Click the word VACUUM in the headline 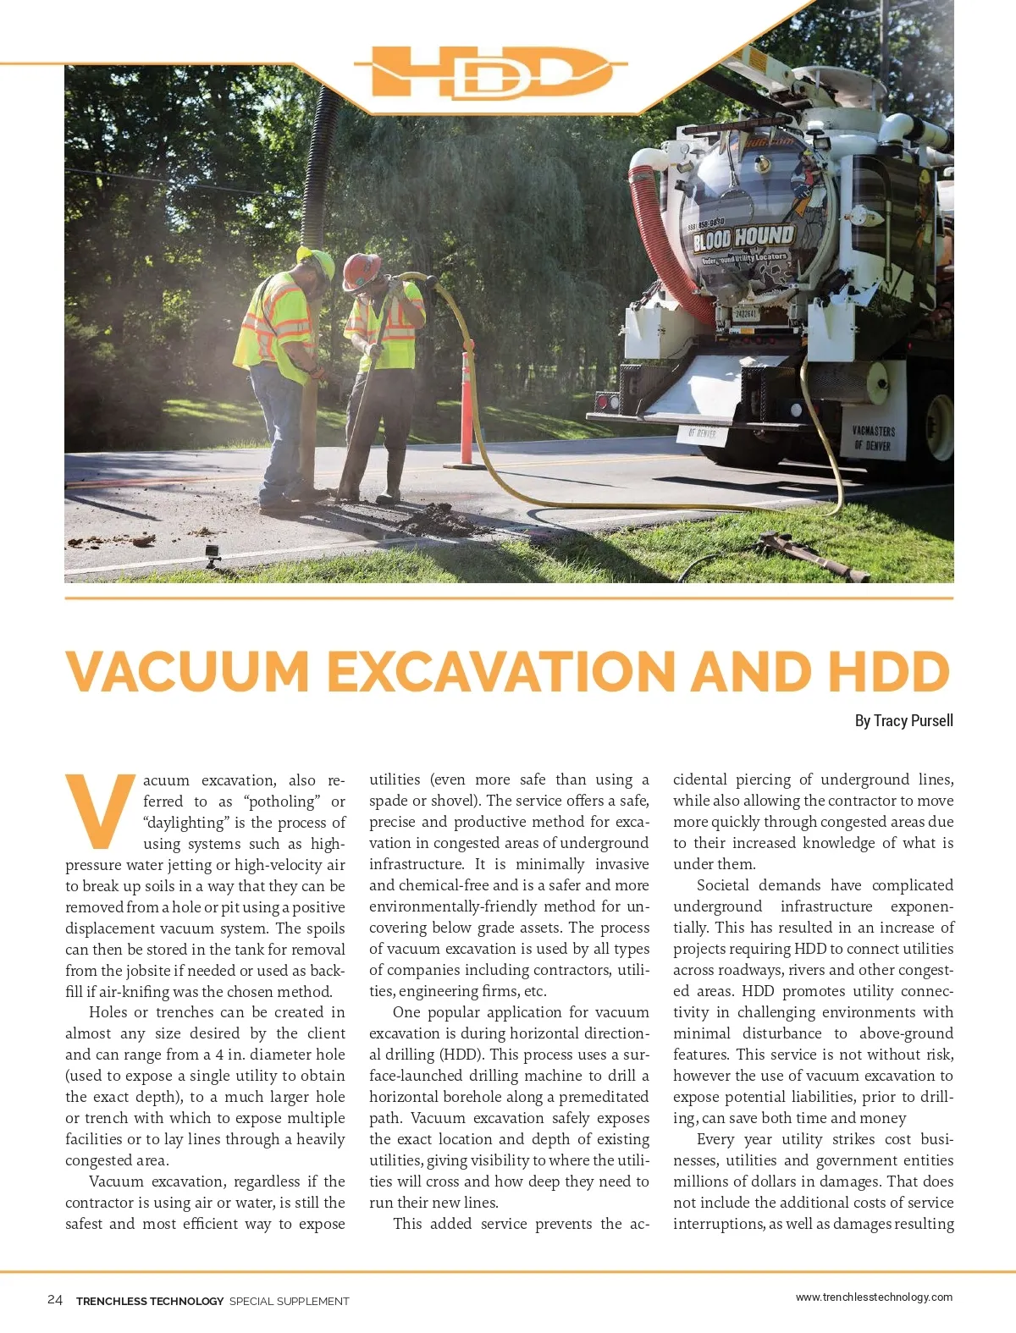tap(188, 671)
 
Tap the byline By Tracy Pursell tap(903, 720)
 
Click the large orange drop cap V tap(99, 810)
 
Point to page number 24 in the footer tap(55, 1300)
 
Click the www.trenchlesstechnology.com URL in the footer tap(874, 1297)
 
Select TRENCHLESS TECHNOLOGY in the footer tap(150, 1301)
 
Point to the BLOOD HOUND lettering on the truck tap(743, 238)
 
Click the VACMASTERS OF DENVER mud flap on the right tap(874, 438)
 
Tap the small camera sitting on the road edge tap(213, 554)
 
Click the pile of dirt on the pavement tap(440, 519)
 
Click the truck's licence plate tap(746, 314)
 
